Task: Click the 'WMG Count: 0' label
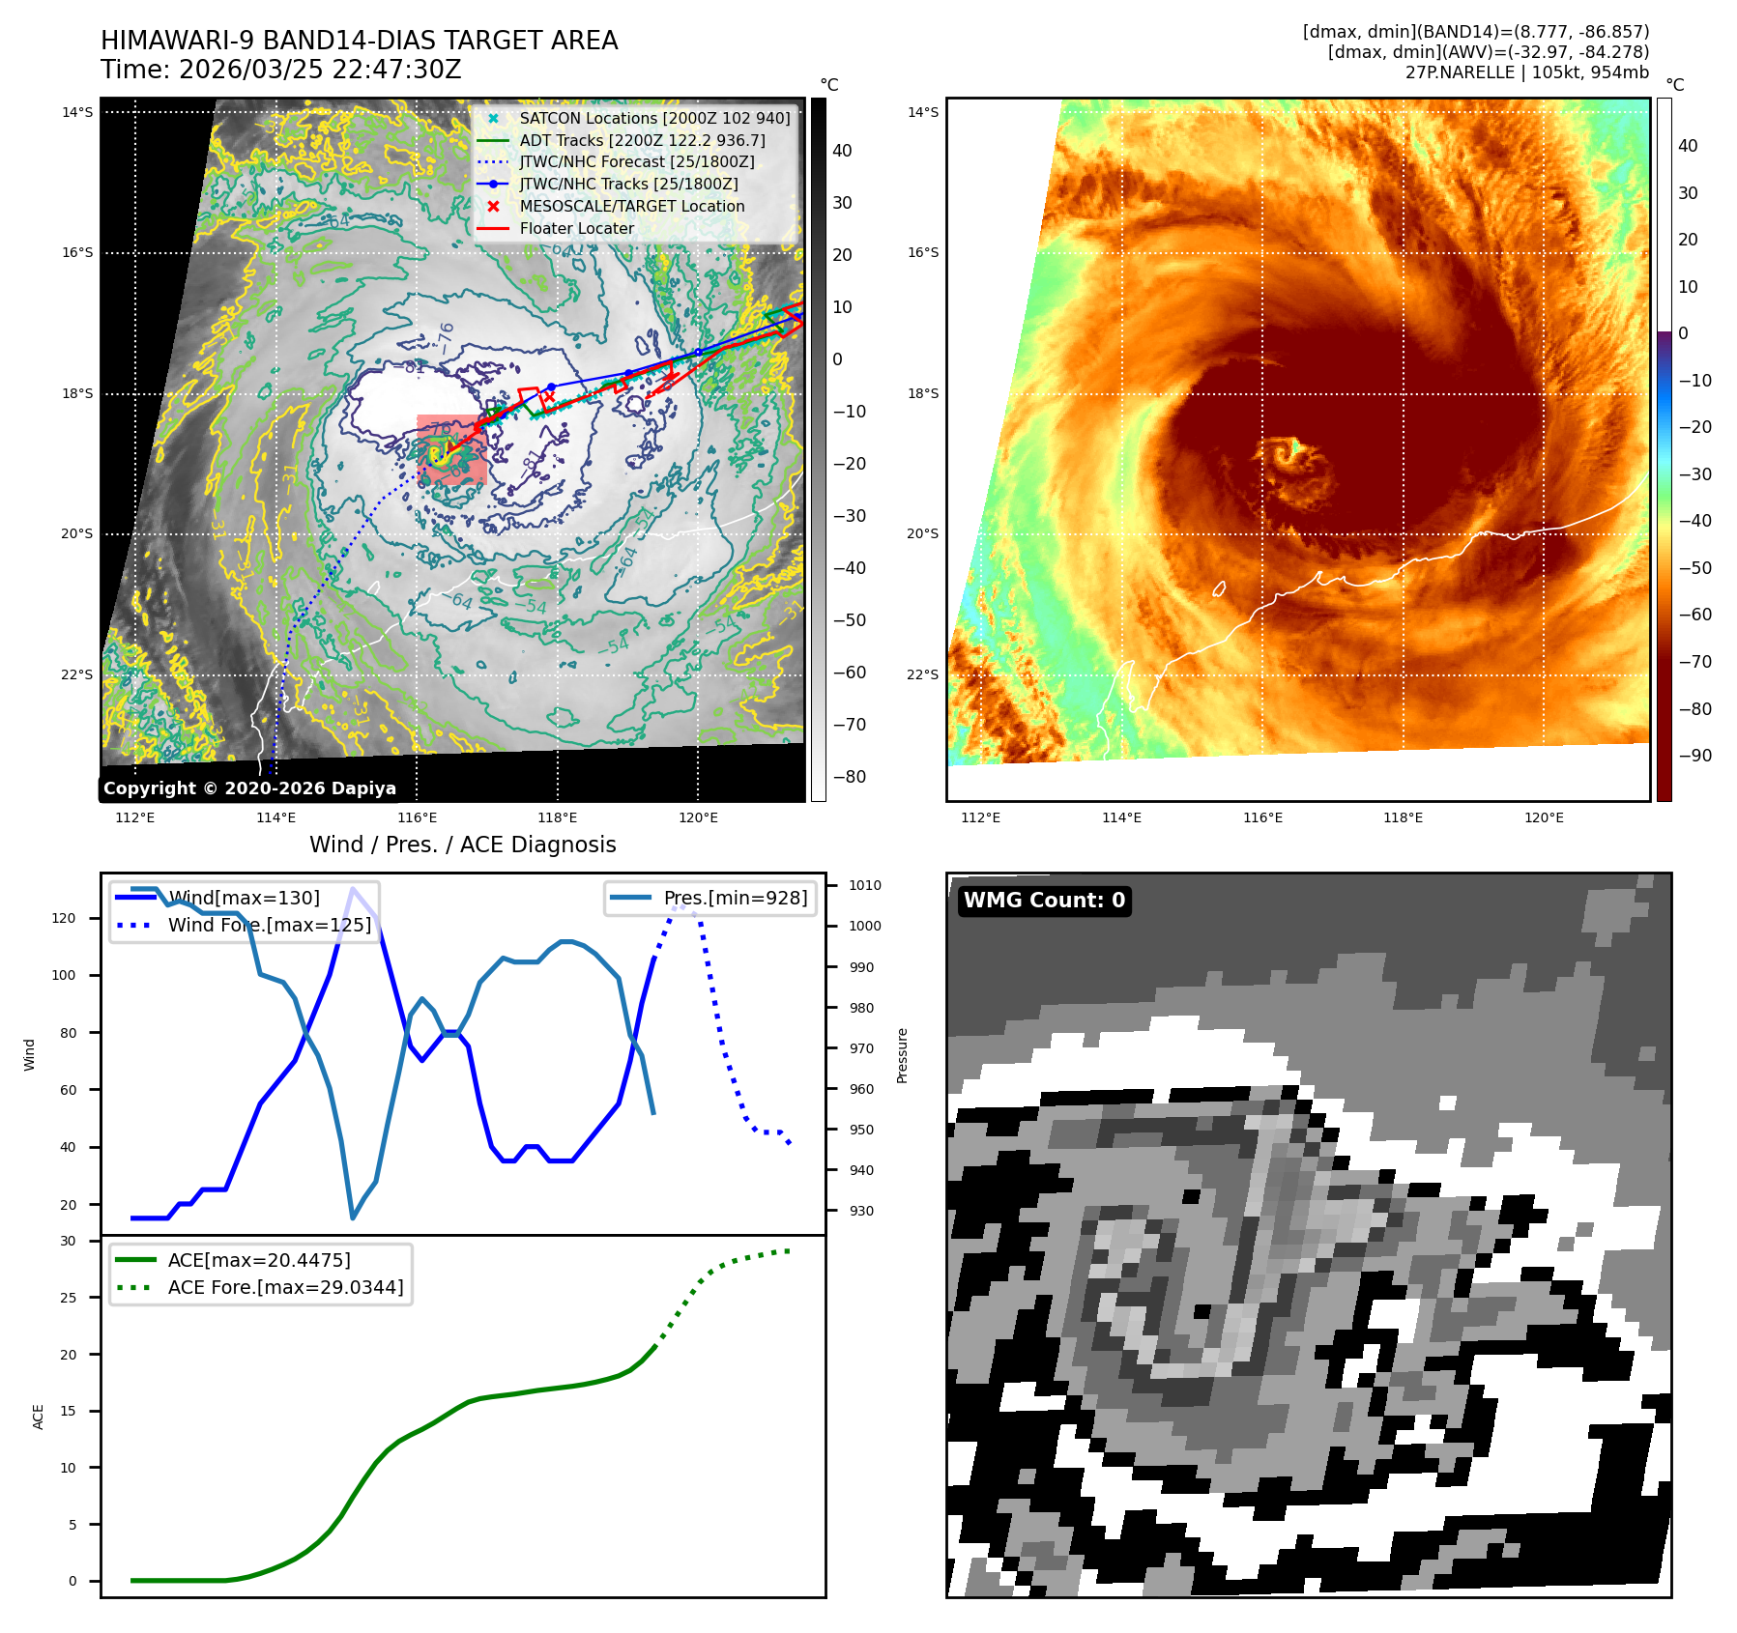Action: (1044, 901)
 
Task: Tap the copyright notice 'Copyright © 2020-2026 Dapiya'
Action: (249, 788)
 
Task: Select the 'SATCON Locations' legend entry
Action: (654, 118)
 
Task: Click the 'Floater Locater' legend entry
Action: (576, 228)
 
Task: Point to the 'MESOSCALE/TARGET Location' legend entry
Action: (631, 206)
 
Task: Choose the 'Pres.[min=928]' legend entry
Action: (735, 898)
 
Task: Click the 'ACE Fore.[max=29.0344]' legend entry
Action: (285, 1287)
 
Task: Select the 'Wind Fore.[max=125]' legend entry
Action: (269, 925)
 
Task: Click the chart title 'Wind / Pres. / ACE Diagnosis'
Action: (462, 845)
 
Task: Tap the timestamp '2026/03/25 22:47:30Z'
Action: (320, 70)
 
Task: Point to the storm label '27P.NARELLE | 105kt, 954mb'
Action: (1526, 72)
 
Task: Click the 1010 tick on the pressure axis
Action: (865, 885)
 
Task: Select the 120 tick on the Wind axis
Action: (64, 918)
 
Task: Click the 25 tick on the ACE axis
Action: (68, 1298)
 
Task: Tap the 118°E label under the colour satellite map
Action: (1403, 817)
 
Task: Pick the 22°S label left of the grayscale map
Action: (77, 674)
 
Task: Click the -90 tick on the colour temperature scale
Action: (1694, 756)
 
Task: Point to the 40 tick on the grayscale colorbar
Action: (842, 151)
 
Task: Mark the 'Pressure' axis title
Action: (902, 1055)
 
